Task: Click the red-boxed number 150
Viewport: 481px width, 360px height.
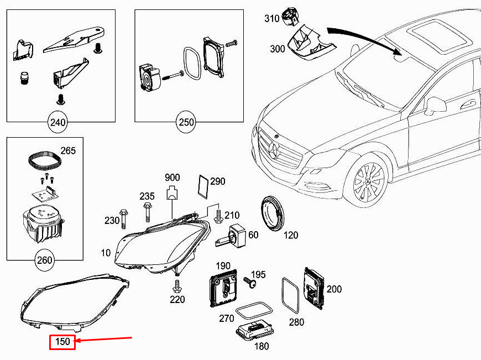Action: click(62, 342)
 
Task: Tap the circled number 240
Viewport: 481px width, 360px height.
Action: click(57, 122)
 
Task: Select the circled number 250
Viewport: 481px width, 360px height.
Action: click(186, 122)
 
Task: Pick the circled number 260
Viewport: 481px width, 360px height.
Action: click(44, 260)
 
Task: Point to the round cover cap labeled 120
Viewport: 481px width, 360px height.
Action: click(273, 213)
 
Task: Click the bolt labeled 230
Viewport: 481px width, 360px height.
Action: click(124, 218)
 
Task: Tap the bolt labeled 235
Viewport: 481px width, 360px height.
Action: click(147, 211)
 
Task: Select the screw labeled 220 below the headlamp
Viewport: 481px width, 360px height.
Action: click(177, 286)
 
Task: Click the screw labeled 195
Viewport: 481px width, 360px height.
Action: click(249, 281)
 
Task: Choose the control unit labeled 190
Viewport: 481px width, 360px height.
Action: click(223, 288)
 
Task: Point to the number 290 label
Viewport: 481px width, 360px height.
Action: click(218, 181)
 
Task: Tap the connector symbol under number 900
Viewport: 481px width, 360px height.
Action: click(172, 193)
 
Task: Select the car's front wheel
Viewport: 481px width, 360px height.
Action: click(367, 181)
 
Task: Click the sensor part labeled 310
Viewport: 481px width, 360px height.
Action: click(290, 17)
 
